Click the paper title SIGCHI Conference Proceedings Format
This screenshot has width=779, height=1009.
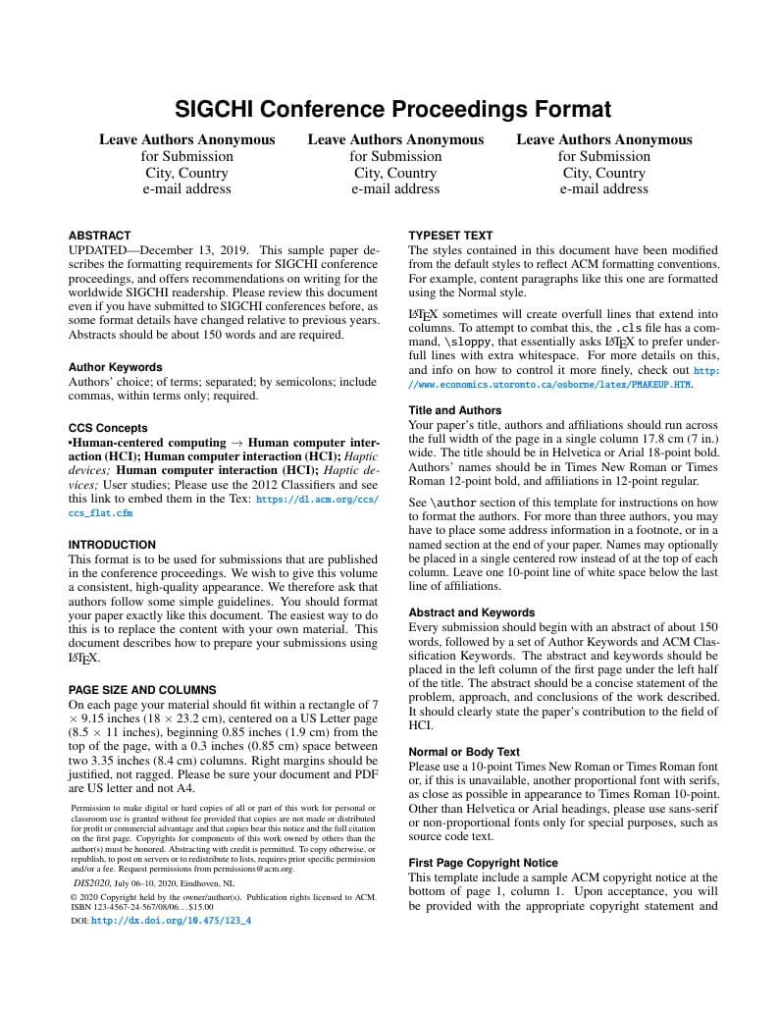392,109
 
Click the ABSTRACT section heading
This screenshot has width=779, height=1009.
99,236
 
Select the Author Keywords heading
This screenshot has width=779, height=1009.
115,367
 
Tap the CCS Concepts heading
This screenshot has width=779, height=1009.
108,428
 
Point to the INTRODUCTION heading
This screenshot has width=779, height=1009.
112,545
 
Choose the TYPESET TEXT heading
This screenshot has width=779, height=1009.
450,236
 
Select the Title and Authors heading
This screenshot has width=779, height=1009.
454,410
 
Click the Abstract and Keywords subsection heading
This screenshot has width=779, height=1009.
471,612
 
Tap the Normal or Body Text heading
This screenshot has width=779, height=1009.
464,752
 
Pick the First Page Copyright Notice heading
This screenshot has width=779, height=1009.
483,863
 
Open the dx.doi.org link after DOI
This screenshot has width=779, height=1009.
171,921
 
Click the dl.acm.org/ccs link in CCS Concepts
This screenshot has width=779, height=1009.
316,500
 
